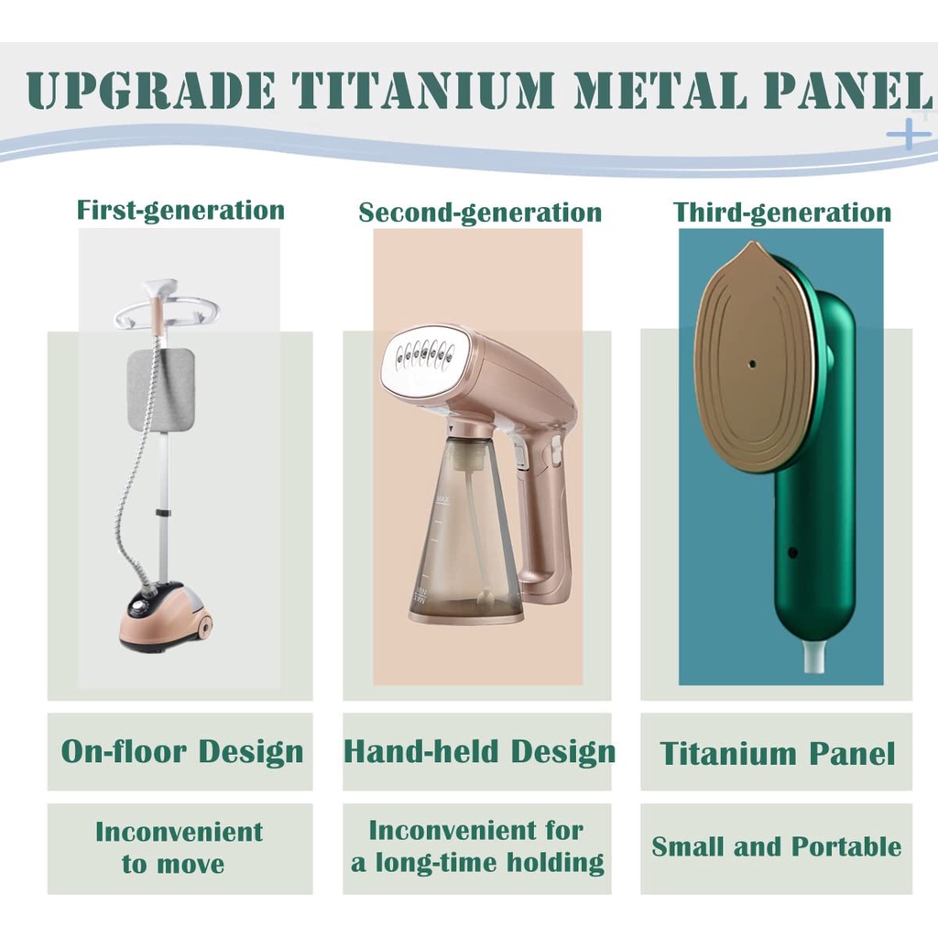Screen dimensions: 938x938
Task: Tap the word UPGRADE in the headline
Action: pyautogui.click(x=151, y=90)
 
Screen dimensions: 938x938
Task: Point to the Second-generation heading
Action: pyautogui.click(x=480, y=213)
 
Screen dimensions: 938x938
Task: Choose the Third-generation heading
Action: pyautogui.click(x=782, y=213)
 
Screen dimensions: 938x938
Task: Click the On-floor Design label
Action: pyautogui.click(x=182, y=751)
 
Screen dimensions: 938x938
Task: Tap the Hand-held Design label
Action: pyautogui.click(x=479, y=751)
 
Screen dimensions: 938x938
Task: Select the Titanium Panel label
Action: pyautogui.click(x=777, y=753)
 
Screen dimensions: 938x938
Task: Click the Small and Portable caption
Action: pyautogui.click(x=777, y=846)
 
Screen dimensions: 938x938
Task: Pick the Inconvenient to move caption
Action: pyautogui.click(x=179, y=847)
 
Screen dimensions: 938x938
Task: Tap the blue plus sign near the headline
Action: pyautogui.click(x=908, y=134)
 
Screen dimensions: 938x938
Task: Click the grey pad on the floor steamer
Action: pyautogui.click(x=161, y=390)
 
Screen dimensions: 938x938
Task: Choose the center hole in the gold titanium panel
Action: pyautogui.click(x=752, y=364)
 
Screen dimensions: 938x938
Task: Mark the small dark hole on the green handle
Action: pyautogui.click(x=792, y=552)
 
